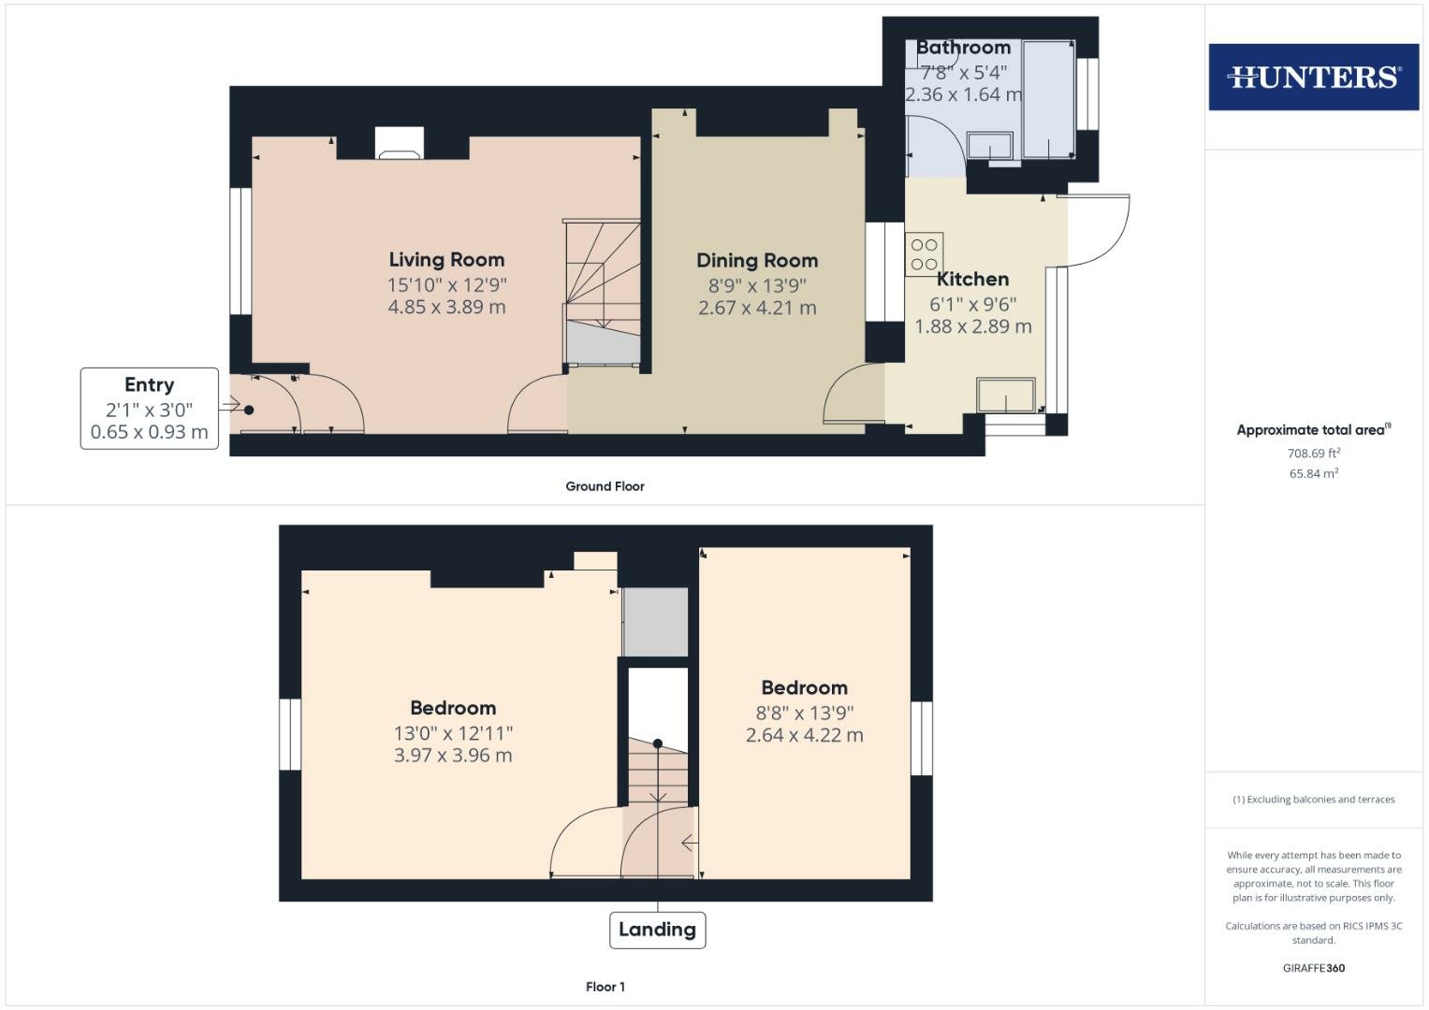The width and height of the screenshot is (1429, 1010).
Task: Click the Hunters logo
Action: (1313, 77)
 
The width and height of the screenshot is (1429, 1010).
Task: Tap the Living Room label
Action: (446, 260)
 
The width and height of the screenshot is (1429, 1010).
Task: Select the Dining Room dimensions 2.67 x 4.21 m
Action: (757, 308)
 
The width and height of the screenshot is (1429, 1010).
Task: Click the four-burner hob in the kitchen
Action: (924, 254)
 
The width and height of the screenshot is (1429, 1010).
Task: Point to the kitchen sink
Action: (1006, 395)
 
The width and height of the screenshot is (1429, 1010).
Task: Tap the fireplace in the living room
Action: (400, 143)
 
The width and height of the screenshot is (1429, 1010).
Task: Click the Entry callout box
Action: (150, 409)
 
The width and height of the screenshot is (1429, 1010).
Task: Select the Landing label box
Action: (657, 930)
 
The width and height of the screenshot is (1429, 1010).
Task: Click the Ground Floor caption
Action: (605, 486)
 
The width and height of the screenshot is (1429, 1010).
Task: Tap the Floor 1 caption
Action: (605, 987)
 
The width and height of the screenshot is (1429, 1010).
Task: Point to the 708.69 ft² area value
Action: (1313, 454)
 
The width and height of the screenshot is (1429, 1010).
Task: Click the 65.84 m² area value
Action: (1313, 474)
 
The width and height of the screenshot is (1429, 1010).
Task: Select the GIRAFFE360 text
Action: (1313, 968)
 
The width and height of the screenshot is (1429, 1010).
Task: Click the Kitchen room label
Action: (972, 279)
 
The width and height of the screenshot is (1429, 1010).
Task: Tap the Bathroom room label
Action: (963, 48)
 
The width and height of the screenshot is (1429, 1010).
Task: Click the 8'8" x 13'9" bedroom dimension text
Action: (804, 713)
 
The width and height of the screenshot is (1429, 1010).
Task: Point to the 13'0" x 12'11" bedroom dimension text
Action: (453, 733)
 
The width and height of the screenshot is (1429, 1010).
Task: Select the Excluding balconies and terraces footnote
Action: (1313, 800)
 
